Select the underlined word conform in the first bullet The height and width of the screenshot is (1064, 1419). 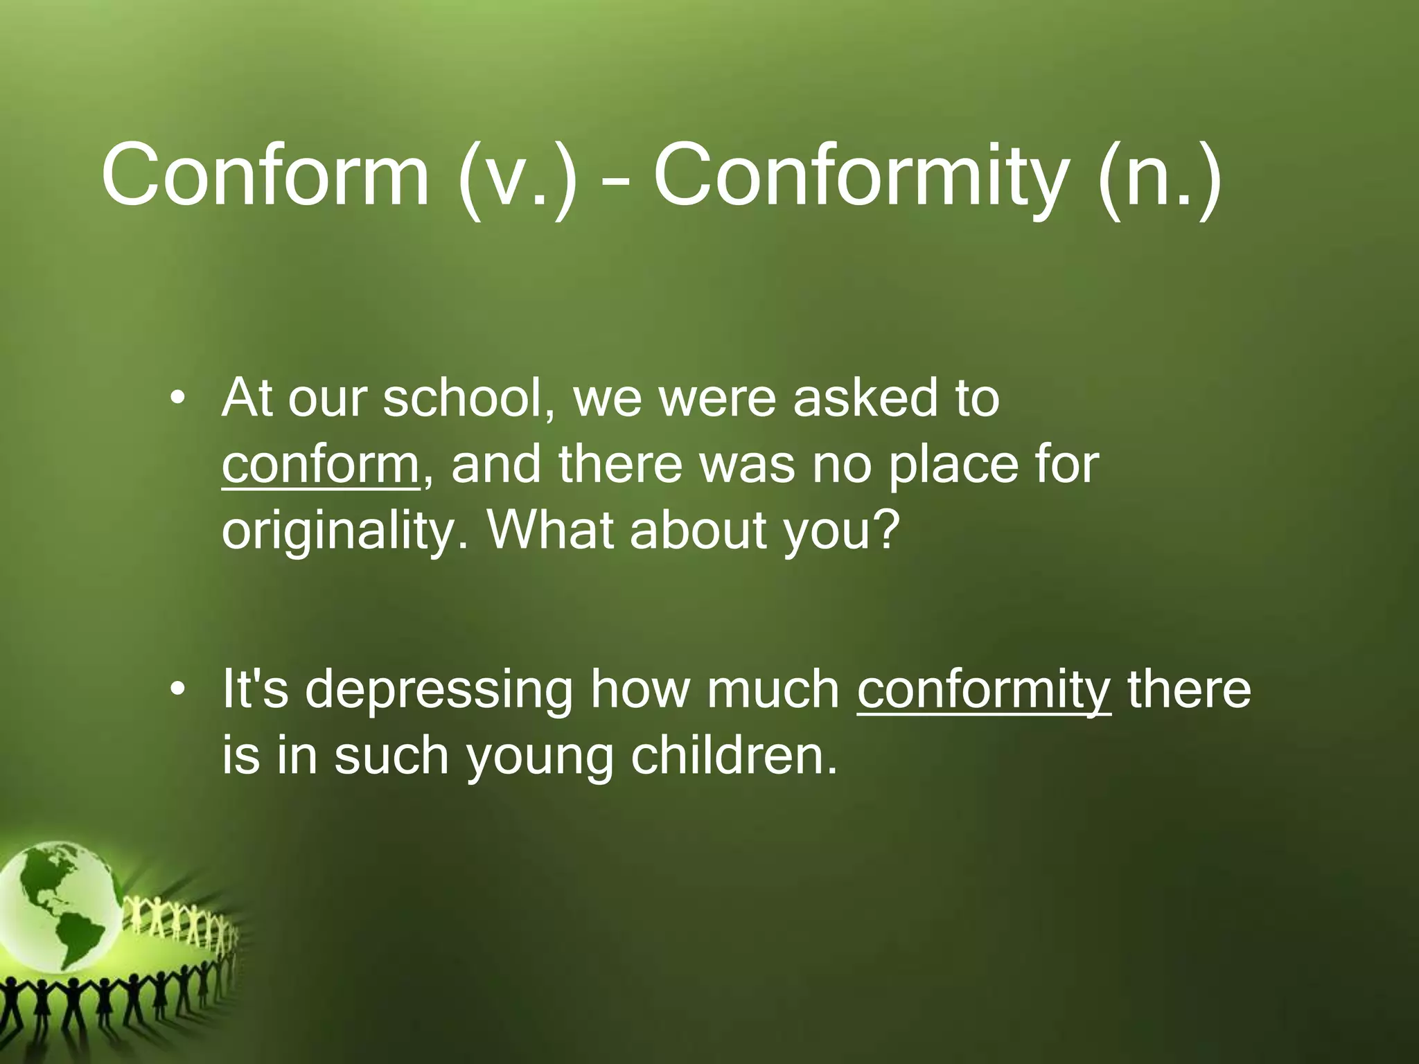click(x=320, y=464)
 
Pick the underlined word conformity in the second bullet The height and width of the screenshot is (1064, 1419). click(x=984, y=689)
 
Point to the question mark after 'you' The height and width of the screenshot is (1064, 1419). click(x=883, y=528)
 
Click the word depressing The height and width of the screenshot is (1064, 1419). click(x=439, y=691)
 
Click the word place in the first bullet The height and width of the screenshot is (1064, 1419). click(x=953, y=465)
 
